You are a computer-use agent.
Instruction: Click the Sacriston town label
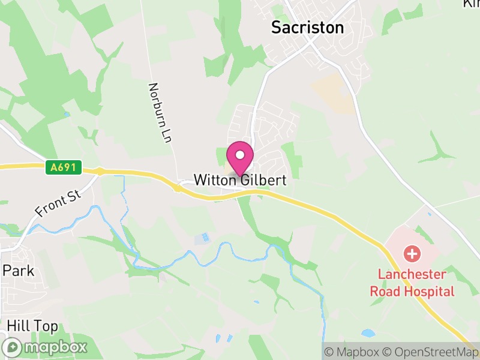(308, 28)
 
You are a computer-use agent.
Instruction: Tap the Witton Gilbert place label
(239, 180)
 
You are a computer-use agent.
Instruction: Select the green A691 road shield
(63, 167)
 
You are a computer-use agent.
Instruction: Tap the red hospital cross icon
(412, 253)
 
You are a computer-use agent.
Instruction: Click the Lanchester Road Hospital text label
(412, 283)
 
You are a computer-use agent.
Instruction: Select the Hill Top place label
(32, 326)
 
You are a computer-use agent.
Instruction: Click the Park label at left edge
(18, 271)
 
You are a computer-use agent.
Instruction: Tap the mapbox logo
(46, 347)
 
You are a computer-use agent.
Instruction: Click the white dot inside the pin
(240, 155)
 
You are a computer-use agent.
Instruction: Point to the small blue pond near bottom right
(367, 332)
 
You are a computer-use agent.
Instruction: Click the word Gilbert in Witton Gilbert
(262, 180)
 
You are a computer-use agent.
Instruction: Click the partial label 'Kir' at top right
(472, 4)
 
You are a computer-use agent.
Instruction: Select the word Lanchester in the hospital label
(412, 275)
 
